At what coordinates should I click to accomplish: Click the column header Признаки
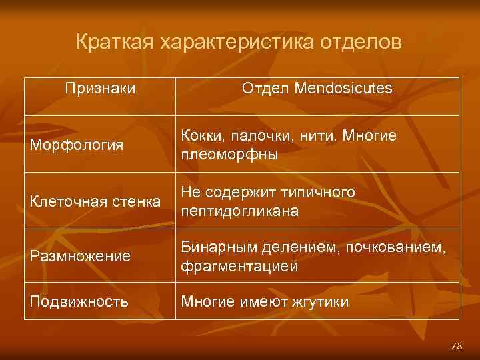(100, 88)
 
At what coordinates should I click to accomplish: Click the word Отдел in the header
(265, 88)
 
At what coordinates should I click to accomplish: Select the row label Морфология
(75, 145)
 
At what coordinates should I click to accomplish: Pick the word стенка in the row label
(139, 201)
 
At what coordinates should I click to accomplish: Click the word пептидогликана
(239, 210)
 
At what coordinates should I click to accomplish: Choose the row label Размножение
(79, 257)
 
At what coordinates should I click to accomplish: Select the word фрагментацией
(239, 266)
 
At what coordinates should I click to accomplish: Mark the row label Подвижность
(78, 302)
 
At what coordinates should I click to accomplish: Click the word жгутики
(321, 302)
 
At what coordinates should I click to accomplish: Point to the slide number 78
(457, 346)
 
